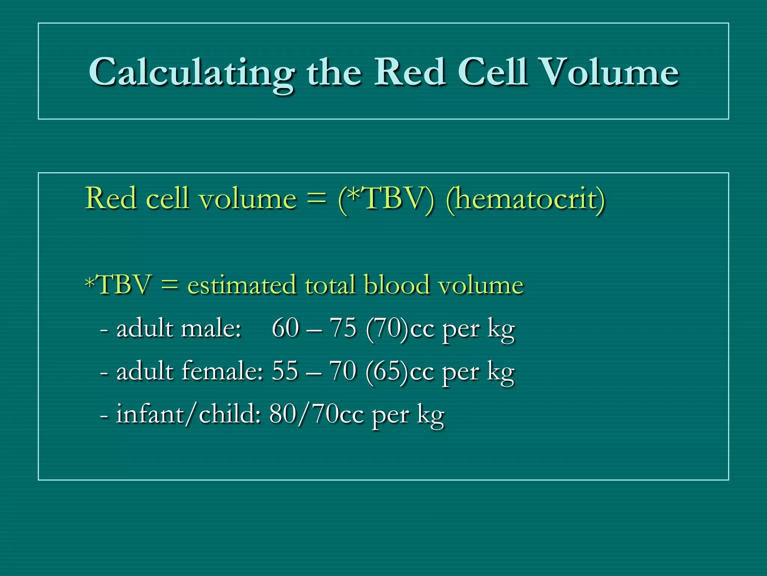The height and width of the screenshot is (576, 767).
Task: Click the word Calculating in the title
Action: point(191,73)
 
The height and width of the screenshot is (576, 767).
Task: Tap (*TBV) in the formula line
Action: point(386,199)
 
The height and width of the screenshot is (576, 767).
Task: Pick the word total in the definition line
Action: point(330,285)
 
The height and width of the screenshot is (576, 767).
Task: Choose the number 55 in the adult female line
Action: point(285,371)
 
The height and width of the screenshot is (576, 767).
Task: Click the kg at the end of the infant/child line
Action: point(431,416)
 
